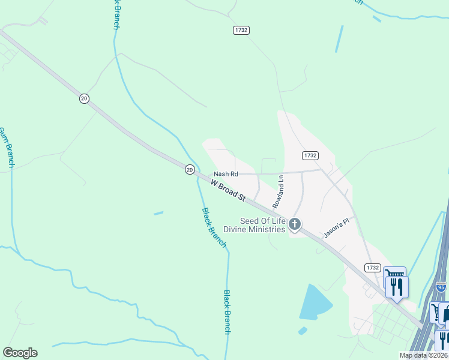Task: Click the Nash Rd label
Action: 226,174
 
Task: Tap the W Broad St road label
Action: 229,188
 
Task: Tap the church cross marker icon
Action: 294,225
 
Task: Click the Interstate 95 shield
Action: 441,287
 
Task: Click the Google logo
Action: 20,353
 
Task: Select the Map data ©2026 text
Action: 423,355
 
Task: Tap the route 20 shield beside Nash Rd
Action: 190,170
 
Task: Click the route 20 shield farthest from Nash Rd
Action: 85,98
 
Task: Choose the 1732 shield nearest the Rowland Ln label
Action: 310,155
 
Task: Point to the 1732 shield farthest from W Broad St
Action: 241,30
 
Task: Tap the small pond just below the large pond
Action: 302,331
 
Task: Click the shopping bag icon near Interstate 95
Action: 445,314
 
